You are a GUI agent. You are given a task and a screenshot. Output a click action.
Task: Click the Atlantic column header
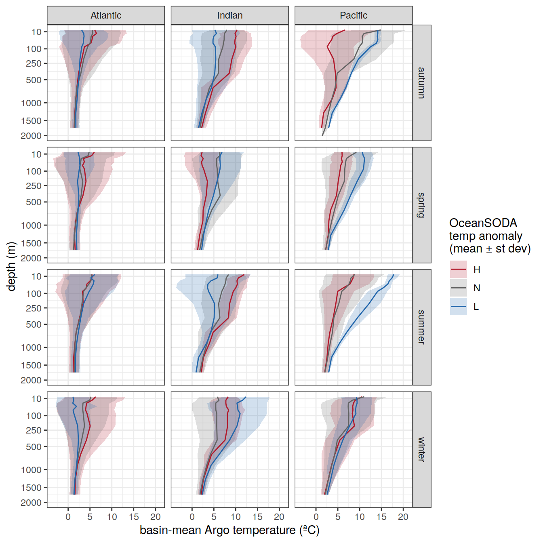point(106,15)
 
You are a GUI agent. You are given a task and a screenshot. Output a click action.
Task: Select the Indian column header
point(229,15)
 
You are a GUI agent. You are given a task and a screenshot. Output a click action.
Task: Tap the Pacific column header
point(354,15)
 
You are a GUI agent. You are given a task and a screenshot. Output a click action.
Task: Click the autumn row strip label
point(421,83)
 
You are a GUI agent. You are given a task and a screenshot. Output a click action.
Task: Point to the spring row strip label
point(421,205)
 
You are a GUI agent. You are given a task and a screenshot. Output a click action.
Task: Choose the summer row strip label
point(421,327)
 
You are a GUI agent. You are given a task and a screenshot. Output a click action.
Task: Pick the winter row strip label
point(421,449)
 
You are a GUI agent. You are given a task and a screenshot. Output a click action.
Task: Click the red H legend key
point(459,269)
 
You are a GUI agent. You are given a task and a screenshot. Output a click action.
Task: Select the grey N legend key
point(459,288)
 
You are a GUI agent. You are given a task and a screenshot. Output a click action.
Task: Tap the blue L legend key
point(459,307)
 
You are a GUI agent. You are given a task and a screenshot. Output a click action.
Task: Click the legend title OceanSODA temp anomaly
point(489,236)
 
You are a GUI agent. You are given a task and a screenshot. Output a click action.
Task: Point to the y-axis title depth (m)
point(11,266)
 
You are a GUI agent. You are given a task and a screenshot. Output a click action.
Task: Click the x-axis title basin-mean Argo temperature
point(229,530)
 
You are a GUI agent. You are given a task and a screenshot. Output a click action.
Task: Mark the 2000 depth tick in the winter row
point(31,503)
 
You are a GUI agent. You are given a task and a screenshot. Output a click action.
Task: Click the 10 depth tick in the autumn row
point(36,32)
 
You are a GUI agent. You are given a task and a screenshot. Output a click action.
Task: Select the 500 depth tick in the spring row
point(34,202)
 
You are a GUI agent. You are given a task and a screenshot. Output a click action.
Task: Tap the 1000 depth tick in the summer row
point(31,347)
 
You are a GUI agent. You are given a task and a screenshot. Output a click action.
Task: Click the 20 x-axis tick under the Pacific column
point(403,517)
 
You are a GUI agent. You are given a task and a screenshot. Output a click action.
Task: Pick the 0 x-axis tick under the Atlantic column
point(68,517)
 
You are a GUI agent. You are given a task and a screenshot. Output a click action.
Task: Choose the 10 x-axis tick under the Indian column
point(236,517)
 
